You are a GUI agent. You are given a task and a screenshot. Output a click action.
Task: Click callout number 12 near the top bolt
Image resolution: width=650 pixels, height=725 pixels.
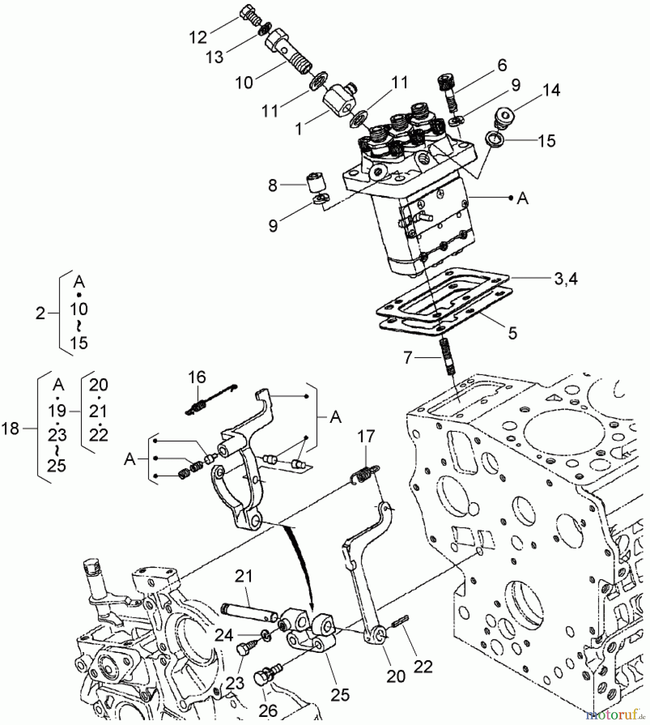(198, 37)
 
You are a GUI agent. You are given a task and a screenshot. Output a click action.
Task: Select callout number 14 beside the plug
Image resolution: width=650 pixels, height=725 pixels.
(551, 90)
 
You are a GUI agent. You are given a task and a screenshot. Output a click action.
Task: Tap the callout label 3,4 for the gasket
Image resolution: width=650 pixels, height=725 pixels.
(566, 279)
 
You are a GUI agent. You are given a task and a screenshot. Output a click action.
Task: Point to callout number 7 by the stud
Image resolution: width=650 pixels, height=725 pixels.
(408, 357)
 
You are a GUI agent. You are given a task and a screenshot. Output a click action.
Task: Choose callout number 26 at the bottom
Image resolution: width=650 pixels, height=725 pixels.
(268, 711)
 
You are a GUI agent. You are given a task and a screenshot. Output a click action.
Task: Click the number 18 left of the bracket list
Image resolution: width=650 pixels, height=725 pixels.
(10, 429)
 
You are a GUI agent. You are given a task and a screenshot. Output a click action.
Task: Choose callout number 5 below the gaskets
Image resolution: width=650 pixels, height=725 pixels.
(512, 333)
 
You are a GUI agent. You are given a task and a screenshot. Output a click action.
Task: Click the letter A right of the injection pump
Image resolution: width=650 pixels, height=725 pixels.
(522, 198)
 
